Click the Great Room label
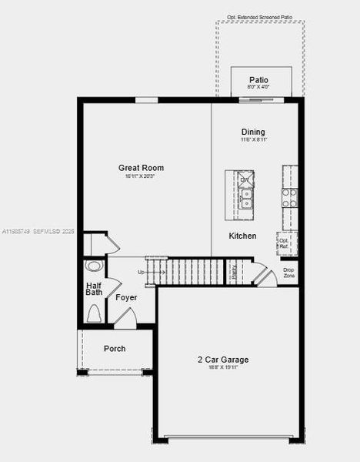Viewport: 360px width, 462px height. (x=141, y=168)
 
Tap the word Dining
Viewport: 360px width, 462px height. (x=253, y=132)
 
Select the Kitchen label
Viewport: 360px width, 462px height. (x=242, y=236)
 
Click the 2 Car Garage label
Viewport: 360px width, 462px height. (x=223, y=360)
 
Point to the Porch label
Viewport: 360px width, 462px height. (x=115, y=349)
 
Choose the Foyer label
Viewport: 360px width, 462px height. (x=126, y=297)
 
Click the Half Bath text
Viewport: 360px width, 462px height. (x=94, y=288)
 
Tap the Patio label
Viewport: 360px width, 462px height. (x=259, y=80)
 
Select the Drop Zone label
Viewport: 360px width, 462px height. (x=288, y=272)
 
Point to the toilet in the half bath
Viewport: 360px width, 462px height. (x=94, y=313)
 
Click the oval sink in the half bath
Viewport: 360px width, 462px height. (x=94, y=266)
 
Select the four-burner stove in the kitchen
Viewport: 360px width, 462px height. (x=289, y=199)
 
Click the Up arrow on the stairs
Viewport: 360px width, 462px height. (x=142, y=272)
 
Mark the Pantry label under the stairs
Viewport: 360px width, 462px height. (x=234, y=272)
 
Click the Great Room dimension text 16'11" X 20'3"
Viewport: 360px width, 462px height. (x=141, y=176)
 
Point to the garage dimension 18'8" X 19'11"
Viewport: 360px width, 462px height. (x=223, y=368)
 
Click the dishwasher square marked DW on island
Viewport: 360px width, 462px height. (x=245, y=180)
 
